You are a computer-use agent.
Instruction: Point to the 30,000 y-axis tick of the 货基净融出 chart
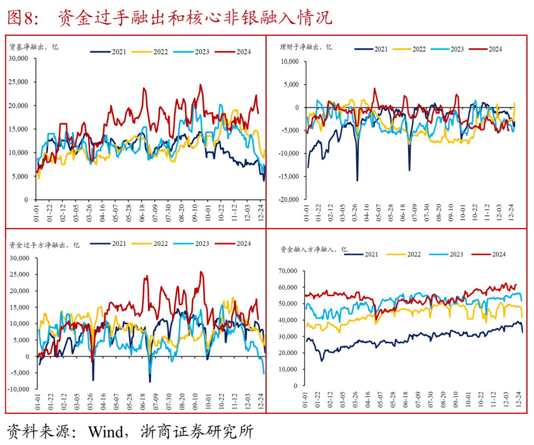pos(19,58)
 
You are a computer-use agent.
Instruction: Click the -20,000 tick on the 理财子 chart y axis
pos(288,199)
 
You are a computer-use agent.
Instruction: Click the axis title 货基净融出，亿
pos(34,47)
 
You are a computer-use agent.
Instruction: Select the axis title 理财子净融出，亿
pos(306,47)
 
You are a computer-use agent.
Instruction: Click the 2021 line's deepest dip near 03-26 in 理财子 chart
pos(357,180)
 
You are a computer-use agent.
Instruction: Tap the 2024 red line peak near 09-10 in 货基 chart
pos(200,85)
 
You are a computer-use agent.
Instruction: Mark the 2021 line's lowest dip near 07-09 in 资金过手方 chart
pos(150,382)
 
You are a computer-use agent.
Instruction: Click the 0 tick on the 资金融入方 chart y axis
pos(296,385)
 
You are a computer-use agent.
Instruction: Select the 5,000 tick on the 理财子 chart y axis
pos(291,85)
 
